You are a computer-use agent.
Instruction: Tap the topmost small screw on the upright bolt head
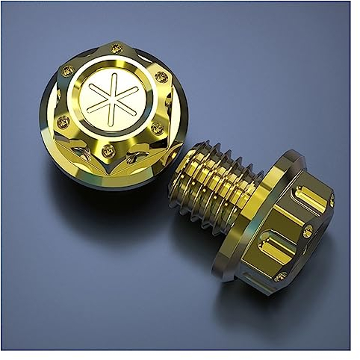[x=115, y=49]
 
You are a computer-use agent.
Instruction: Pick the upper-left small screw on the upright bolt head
[x=68, y=72]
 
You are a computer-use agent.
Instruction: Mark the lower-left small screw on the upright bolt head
[x=63, y=121]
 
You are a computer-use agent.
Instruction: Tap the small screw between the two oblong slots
[x=307, y=232]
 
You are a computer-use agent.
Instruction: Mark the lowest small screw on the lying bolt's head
[x=279, y=276]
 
